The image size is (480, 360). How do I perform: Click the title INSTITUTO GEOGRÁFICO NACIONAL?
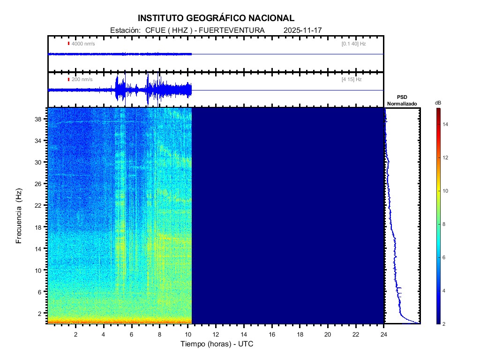216,18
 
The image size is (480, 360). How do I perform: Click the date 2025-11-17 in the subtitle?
302,30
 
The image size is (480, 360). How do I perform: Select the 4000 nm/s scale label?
83,44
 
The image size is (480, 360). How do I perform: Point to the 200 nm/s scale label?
82,80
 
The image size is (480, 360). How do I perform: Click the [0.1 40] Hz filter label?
353,44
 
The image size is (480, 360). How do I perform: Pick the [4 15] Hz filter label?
352,80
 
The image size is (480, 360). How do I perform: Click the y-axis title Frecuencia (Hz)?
19,216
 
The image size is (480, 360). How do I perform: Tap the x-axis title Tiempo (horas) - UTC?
217,344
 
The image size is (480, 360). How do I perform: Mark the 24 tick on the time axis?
384,334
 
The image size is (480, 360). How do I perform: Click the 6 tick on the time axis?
132,334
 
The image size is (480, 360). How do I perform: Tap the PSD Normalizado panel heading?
402,100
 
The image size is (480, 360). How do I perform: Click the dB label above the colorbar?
438,103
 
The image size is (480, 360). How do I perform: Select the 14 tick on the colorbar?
447,124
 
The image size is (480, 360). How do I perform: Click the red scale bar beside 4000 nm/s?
68,44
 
